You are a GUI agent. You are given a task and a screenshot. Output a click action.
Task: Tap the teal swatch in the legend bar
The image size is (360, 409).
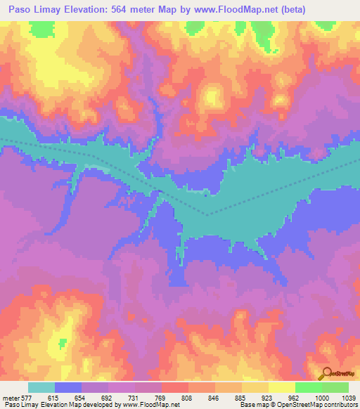41,387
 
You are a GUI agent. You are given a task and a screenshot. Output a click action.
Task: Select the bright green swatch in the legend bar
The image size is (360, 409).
308,387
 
